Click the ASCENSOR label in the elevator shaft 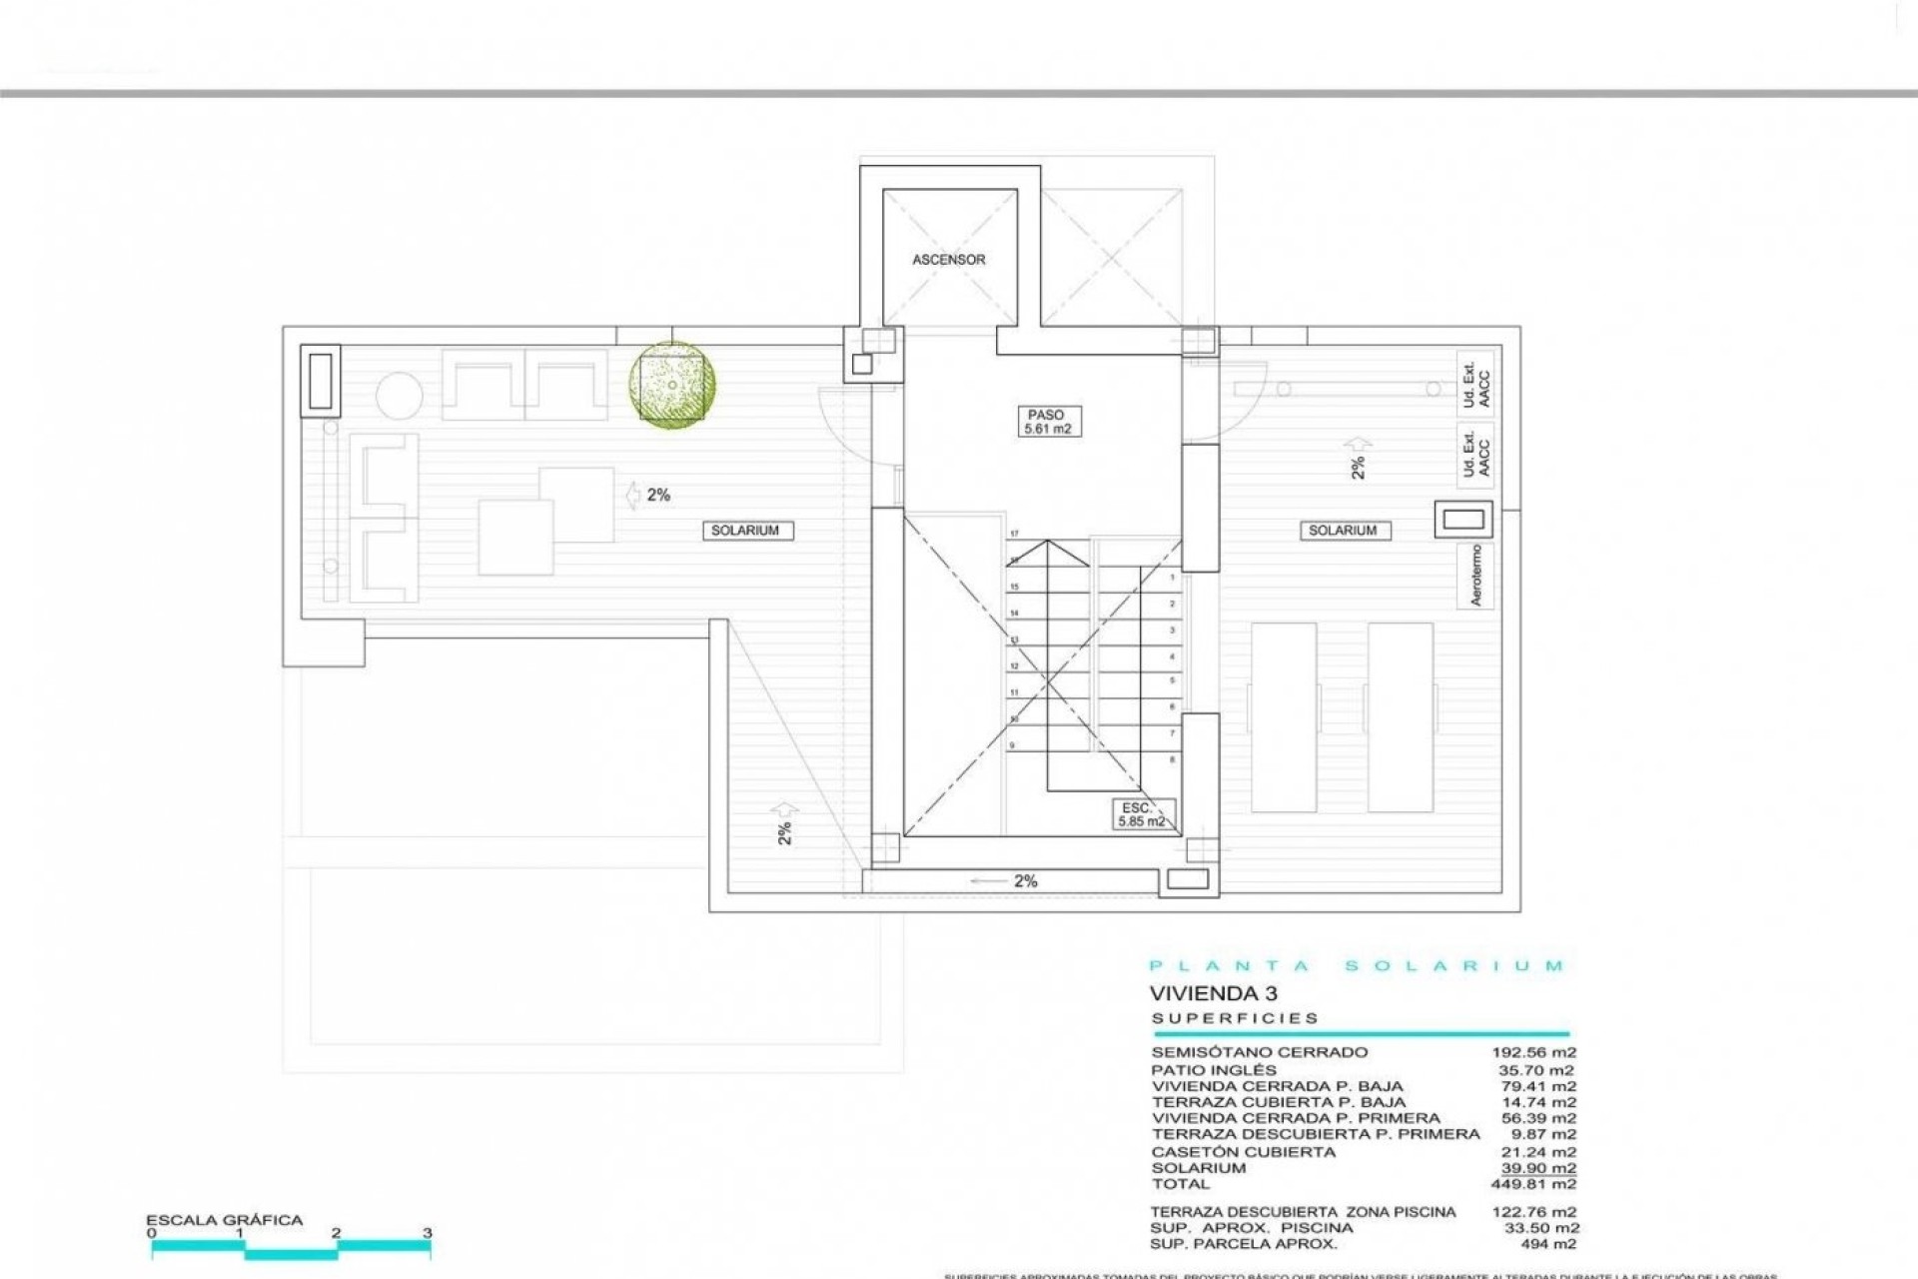(948, 260)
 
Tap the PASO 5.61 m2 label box (1046, 422)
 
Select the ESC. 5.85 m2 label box (1141, 814)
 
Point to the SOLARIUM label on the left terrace (745, 531)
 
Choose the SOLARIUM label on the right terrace (1343, 531)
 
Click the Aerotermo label (1476, 576)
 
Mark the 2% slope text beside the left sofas (658, 495)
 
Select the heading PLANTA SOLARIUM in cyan (1357, 966)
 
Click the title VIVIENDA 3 (1213, 993)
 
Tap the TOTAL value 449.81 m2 (1537, 1184)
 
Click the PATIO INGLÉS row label (1214, 1069)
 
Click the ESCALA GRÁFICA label (224, 1220)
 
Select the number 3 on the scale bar (428, 1233)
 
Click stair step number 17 (1014, 535)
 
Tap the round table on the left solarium (401, 396)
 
